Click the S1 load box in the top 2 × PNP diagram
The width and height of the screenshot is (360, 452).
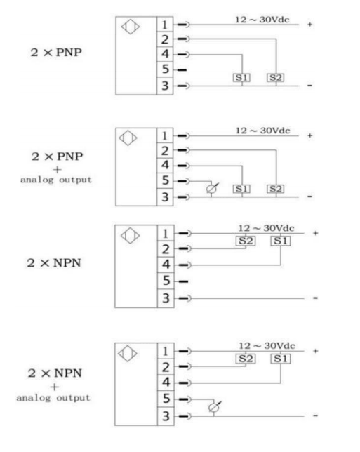click(241, 77)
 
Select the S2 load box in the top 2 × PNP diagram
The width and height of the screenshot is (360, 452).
click(276, 77)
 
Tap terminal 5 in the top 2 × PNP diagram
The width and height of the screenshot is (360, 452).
click(165, 69)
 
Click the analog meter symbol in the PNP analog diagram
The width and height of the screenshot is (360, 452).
click(212, 189)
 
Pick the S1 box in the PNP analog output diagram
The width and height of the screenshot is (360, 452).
click(241, 189)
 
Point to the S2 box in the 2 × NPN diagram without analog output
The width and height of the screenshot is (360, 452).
click(246, 241)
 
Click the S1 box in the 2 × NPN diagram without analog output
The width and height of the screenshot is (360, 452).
click(281, 241)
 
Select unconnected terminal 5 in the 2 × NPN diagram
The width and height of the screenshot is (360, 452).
click(166, 281)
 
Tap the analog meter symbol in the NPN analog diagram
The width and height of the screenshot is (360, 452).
click(215, 407)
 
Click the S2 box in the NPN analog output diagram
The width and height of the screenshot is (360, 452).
click(246, 359)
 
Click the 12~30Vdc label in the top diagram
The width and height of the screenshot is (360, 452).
click(262, 20)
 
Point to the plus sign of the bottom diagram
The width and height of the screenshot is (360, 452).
click(316, 351)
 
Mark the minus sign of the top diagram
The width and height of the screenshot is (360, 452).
click(310, 86)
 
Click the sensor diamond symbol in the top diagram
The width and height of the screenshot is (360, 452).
click(131, 27)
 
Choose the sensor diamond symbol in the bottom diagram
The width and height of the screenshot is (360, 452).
click(128, 354)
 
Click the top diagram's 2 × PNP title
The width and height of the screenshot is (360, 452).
click(56, 53)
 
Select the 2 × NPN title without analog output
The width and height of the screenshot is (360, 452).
click(54, 263)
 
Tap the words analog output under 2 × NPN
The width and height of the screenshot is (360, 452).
click(53, 398)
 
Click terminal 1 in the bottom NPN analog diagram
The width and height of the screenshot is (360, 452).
click(166, 351)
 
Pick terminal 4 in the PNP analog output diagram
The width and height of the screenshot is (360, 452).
click(165, 165)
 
